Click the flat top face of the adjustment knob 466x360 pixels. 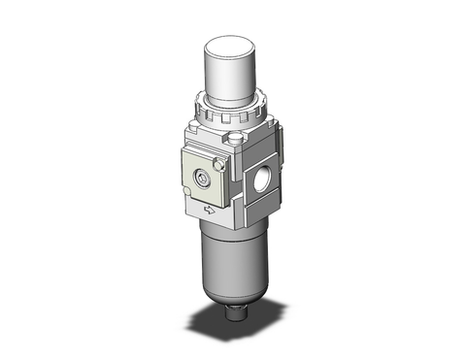[x=230, y=42]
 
